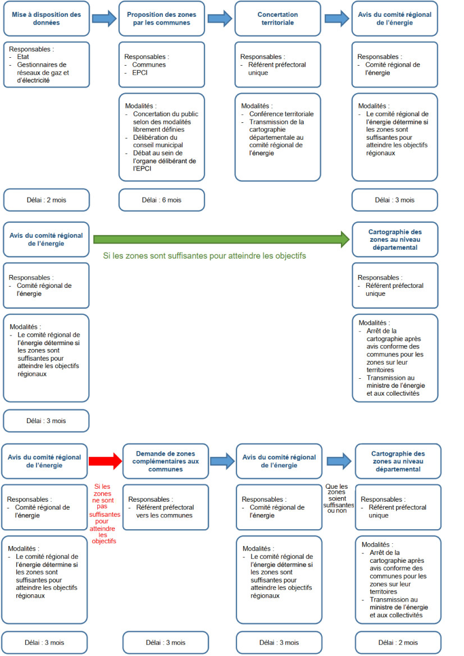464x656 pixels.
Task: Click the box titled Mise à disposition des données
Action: pos(47,19)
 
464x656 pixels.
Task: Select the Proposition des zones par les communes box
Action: pos(162,19)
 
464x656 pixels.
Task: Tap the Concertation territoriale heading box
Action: pos(278,19)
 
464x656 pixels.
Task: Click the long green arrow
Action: pos(221,239)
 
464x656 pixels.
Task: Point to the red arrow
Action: pos(105,461)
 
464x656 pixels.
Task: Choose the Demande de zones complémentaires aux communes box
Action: pos(165,461)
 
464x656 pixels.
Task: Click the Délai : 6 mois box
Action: pos(162,200)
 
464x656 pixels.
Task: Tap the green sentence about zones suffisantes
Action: pos(204,256)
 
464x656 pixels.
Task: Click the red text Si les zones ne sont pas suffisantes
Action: pos(104,514)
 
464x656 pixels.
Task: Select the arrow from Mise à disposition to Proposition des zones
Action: pos(104,19)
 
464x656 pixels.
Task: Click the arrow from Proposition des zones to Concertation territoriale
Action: pos(220,19)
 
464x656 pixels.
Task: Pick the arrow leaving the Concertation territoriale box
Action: pos(336,19)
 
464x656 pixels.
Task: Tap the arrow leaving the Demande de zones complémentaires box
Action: pos(222,461)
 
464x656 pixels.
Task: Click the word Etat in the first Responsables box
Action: pos(23,57)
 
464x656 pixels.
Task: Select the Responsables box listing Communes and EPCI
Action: pos(162,65)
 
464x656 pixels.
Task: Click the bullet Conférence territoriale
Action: pos(281,114)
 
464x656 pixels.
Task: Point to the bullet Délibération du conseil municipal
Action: pos(158,141)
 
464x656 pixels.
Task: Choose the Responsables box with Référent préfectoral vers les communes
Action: pos(165,507)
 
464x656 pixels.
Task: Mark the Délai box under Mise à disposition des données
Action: pos(47,200)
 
